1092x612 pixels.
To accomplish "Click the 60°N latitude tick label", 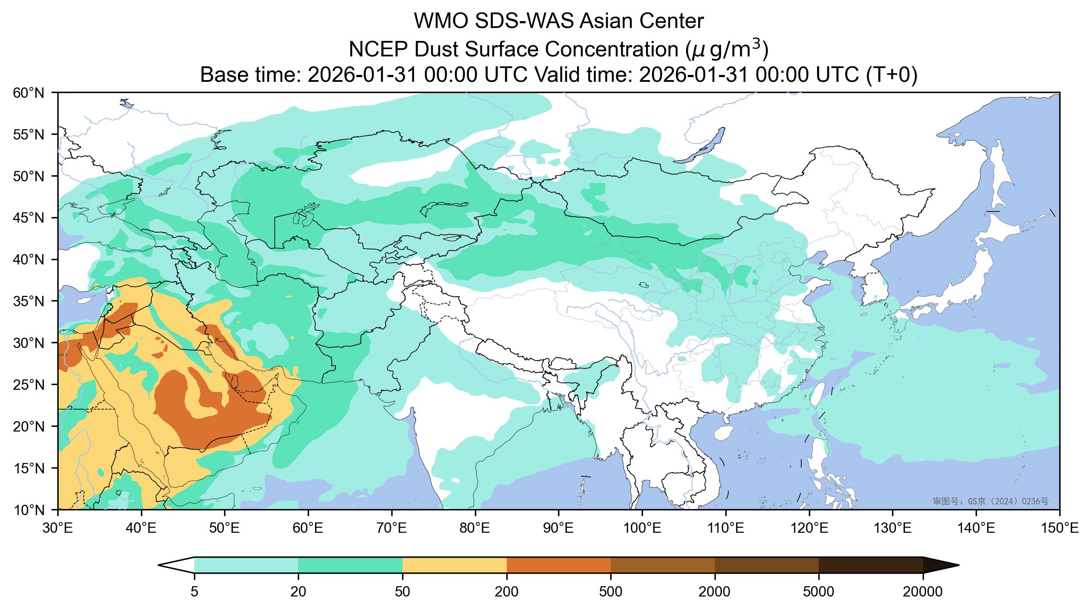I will (28, 93).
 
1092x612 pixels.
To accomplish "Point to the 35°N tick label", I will (28, 301).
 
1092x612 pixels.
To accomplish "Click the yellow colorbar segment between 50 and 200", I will (454, 565).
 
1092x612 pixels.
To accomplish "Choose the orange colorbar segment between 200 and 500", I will (558, 565).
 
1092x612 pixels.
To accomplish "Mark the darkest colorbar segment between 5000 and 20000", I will (870, 565).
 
